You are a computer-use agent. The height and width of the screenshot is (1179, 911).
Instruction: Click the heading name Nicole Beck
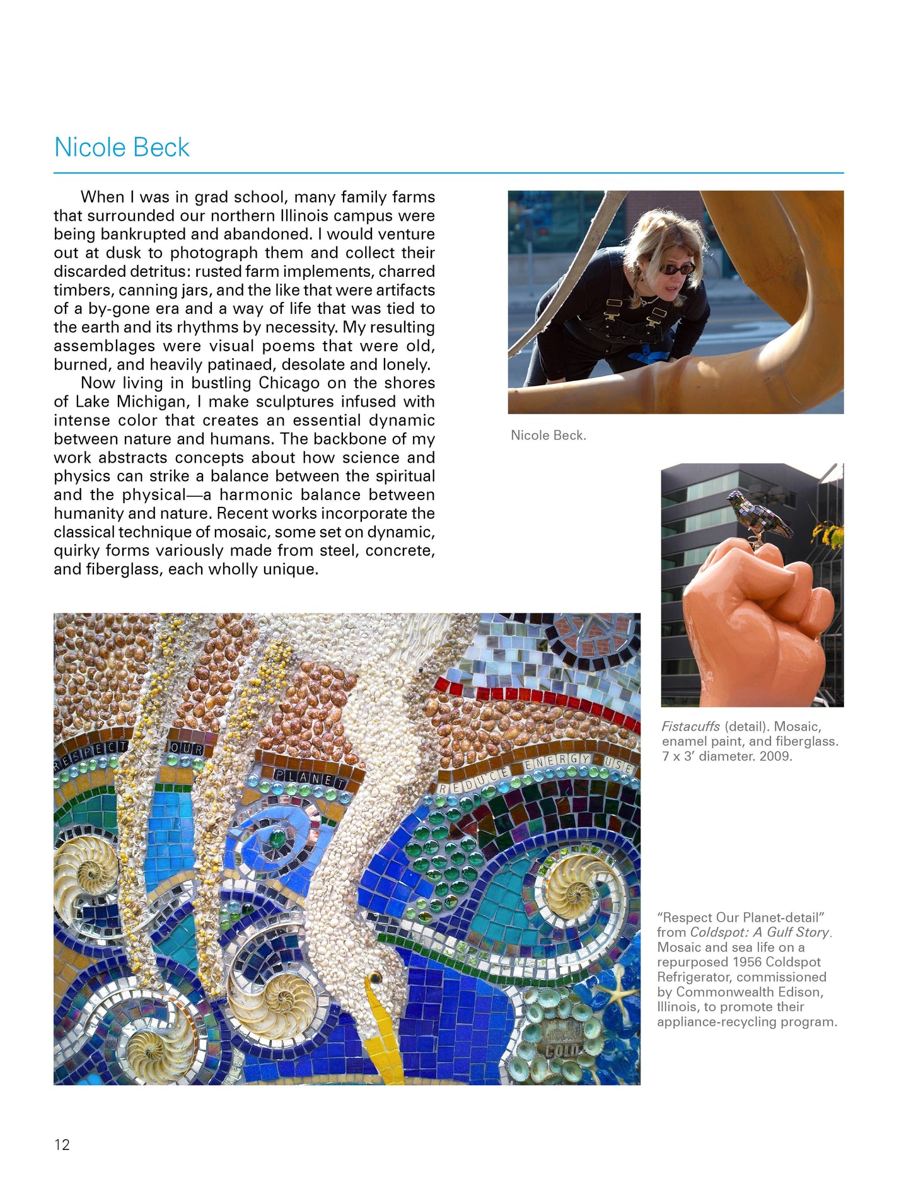tap(122, 148)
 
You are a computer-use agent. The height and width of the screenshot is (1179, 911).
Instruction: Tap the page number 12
tap(62, 1144)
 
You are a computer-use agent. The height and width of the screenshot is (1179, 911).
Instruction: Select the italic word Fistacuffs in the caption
tap(690, 726)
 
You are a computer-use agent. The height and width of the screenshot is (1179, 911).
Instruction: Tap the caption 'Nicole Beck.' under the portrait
tap(548, 435)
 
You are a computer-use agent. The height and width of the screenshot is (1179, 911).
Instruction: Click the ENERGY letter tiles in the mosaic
tap(558, 762)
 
